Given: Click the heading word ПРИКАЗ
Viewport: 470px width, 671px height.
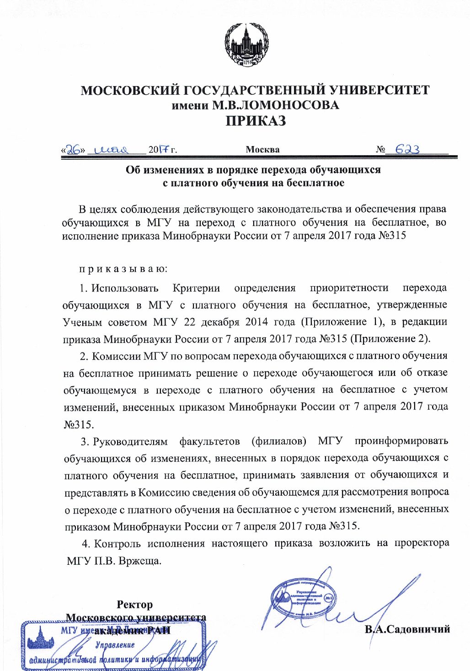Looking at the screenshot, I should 256,121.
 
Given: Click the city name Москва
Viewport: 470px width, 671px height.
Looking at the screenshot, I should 262,150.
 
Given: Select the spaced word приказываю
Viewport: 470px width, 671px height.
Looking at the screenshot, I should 123,269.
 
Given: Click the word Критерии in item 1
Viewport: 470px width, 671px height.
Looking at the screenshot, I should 196,288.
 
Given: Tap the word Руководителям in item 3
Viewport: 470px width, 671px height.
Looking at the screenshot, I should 130,441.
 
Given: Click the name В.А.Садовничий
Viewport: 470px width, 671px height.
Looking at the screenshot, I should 407,629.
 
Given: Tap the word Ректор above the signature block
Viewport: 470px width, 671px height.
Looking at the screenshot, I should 135,605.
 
